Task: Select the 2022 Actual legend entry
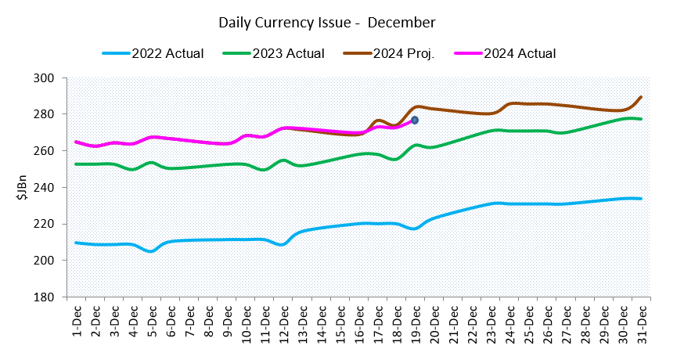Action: [167, 54]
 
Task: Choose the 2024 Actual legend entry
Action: [520, 54]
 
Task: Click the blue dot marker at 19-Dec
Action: [415, 120]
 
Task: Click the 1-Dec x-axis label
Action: [77, 318]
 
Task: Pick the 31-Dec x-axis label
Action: [642, 318]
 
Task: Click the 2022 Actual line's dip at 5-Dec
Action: [152, 250]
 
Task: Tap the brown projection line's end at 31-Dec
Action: [642, 97]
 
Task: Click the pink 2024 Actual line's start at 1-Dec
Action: [77, 142]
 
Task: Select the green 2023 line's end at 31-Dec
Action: [642, 119]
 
